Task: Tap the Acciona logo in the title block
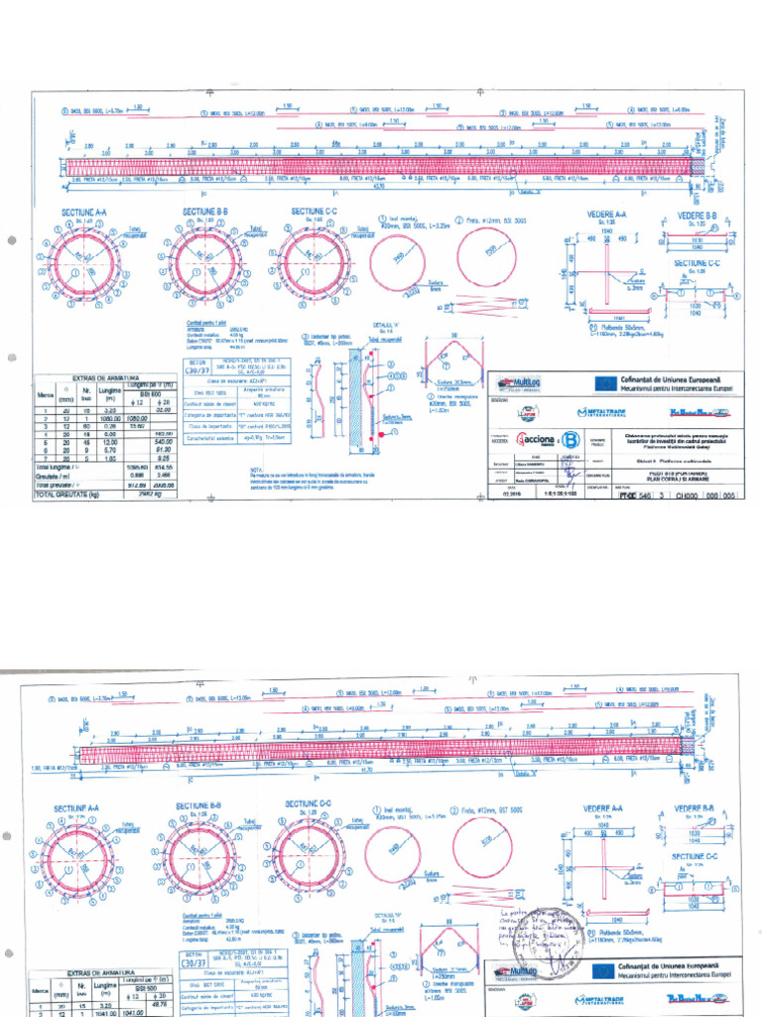(533, 439)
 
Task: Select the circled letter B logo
(570, 439)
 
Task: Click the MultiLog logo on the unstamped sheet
(516, 380)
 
